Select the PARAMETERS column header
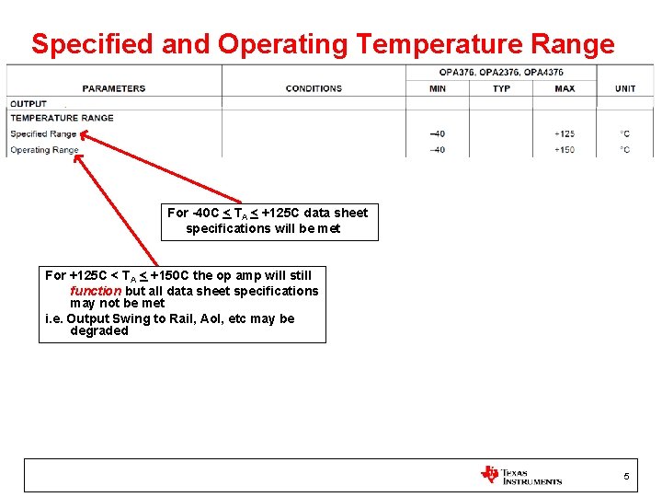(114, 88)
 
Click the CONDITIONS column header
(314, 88)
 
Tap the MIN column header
(438, 88)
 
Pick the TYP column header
(501, 88)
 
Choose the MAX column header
(565, 88)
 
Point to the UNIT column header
(625, 88)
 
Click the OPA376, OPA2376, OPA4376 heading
(501, 72)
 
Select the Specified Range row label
(43, 133)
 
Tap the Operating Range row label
(44, 150)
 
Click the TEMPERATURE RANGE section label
(62, 118)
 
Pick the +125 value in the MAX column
(565, 134)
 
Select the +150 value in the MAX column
(565, 150)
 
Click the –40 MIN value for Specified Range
(438, 134)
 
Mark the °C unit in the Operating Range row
(625, 150)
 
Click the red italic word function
(96, 291)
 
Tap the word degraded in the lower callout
(99, 331)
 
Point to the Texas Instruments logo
(520, 475)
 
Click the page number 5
(626, 476)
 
